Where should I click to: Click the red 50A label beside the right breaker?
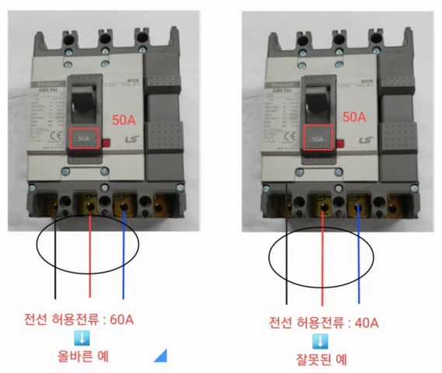coord(354,118)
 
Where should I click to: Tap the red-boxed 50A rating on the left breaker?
coord(83,139)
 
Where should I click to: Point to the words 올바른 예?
coord(87,357)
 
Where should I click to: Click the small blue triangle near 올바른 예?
coord(161,356)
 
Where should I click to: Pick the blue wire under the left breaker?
coord(124,256)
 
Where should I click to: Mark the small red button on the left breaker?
coord(106,142)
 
